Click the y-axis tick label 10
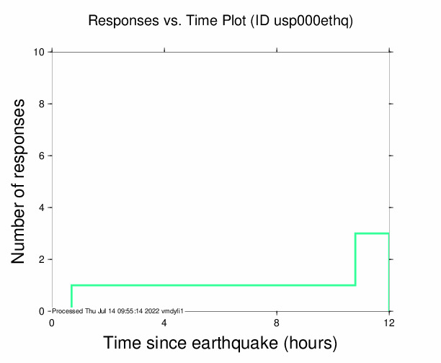tap(41, 52)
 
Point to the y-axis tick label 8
tap(43, 104)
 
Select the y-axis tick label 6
tap(43, 156)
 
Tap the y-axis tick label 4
tap(43, 207)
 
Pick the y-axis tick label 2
tap(43, 259)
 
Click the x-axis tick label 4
tap(164, 322)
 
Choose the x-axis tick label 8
tap(277, 322)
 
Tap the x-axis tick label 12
tap(389, 322)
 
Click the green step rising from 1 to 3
tap(355, 259)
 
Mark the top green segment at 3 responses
tap(372, 233)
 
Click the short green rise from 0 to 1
tap(71, 296)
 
